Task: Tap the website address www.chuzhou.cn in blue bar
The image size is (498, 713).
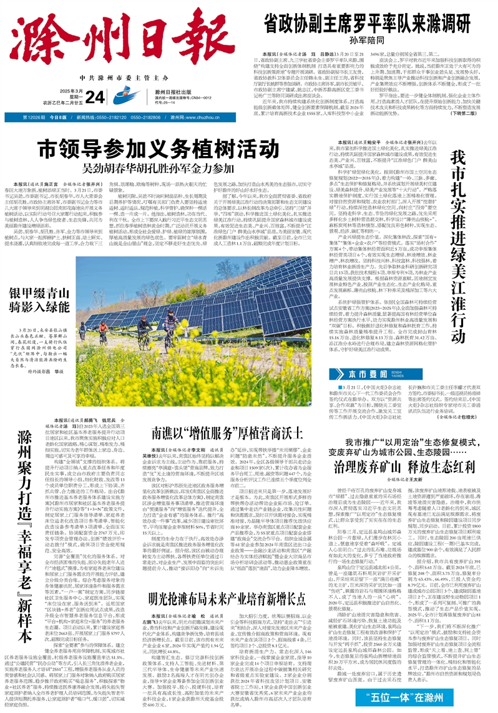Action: [195, 117]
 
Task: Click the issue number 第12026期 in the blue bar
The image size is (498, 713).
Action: [35, 117]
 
